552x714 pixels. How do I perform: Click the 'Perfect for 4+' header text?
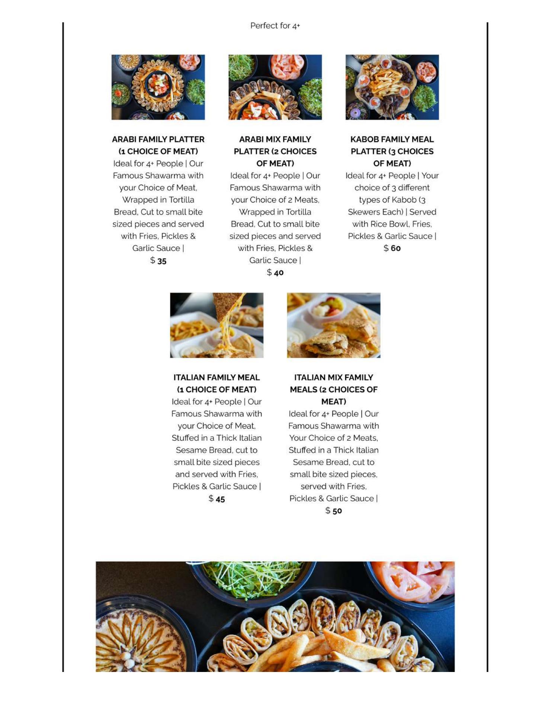coord(275,26)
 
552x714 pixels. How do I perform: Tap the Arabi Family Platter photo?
coord(158,87)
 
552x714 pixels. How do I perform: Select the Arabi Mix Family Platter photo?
coord(275,87)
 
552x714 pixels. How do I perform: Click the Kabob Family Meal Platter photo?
coord(392,87)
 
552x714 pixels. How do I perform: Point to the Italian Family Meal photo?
coord(217,325)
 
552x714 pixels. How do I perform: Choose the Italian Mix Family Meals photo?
coord(334,325)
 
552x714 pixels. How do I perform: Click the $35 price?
coord(158,261)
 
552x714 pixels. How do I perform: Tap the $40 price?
coord(275,273)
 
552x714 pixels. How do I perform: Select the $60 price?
coord(392,248)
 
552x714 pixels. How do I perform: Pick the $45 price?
coord(217,499)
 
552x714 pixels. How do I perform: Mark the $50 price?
coord(334,511)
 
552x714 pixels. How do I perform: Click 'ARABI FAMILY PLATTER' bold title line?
coord(158,139)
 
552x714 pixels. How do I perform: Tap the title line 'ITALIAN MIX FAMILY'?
coord(334,377)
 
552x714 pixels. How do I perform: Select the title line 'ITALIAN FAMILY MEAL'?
coord(217,377)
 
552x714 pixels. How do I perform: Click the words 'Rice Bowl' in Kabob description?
coord(390,224)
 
